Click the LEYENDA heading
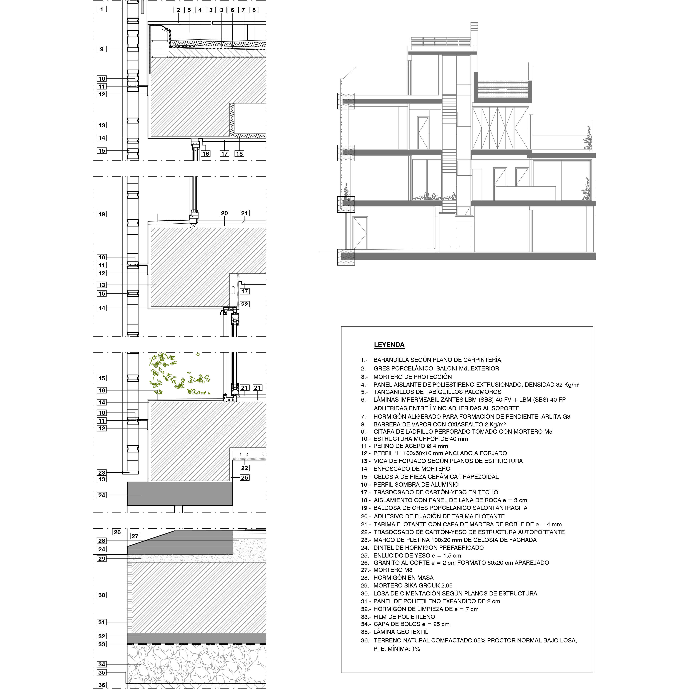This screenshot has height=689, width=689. pos(389,345)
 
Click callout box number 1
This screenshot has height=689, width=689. pos(102,9)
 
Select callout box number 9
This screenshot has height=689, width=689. pos(102,49)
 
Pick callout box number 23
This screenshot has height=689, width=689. pos(102,473)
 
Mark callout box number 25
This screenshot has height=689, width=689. pos(245,478)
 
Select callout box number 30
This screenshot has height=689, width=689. pos(102,595)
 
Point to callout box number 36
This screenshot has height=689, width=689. pos(102,685)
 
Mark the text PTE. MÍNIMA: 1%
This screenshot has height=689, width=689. pos(397,649)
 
